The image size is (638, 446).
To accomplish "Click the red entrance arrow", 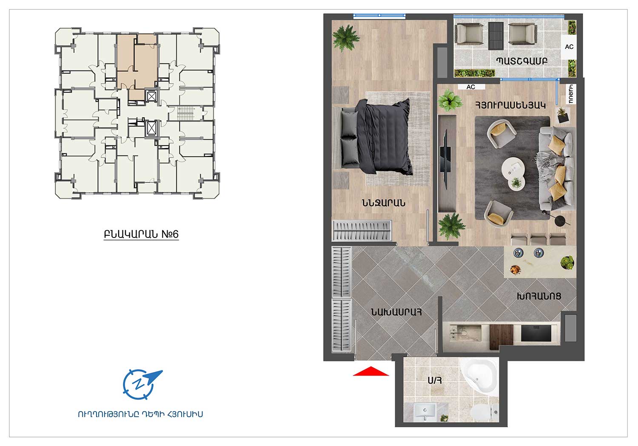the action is [370, 372].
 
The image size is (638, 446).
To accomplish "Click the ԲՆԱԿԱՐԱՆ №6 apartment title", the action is [141, 234].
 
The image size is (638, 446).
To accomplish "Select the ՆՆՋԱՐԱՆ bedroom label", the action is [383, 203].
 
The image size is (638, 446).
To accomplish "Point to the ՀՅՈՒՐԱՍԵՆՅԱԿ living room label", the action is [510, 105].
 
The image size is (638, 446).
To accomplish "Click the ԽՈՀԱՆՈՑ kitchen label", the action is [539, 296].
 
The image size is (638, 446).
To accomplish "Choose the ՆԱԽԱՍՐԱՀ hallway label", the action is [396, 312].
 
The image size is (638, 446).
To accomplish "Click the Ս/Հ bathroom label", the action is [435, 380].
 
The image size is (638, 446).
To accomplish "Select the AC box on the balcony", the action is [569, 47].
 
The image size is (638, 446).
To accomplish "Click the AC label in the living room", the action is [471, 87].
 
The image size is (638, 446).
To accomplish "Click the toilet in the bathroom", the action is [484, 412].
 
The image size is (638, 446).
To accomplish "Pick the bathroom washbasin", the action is [425, 412].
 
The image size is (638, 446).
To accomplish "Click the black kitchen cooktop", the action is [536, 333].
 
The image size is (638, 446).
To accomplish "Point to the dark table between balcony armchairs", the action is [496, 36].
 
